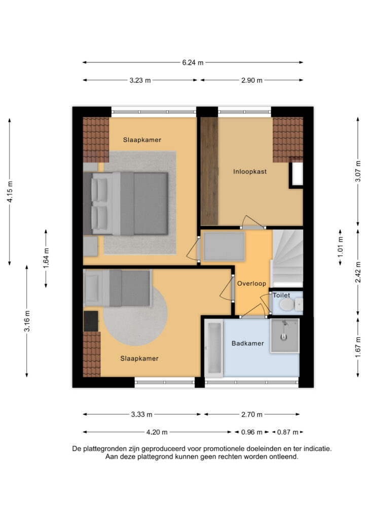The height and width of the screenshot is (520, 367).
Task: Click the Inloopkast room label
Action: click(x=249, y=172)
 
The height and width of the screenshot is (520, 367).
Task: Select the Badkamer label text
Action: click(x=247, y=343)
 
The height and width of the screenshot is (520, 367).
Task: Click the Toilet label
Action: click(x=281, y=295)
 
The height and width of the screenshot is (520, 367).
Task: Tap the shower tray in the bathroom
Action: click(x=284, y=335)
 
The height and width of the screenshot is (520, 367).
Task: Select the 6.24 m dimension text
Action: click(x=193, y=62)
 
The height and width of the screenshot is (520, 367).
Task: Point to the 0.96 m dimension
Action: click(x=252, y=432)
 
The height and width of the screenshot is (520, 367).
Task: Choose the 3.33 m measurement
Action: click(x=142, y=414)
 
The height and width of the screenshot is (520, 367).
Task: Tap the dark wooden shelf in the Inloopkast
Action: click(x=208, y=171)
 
